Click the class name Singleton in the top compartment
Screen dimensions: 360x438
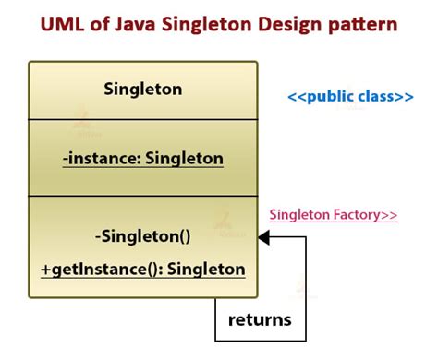(143, 90)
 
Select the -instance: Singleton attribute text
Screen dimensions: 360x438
(143, 158)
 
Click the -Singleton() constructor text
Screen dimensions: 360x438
(143, 235)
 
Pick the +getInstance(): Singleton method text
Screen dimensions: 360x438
(143, 269)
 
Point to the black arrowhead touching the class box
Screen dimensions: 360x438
(263, 238)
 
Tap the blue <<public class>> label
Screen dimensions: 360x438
(350, 97)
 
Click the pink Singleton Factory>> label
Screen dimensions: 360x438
(333, 215)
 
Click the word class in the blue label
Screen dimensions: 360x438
(376, 97)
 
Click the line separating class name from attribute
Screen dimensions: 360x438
(143, 119)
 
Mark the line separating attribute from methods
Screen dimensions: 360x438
(143, 196)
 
